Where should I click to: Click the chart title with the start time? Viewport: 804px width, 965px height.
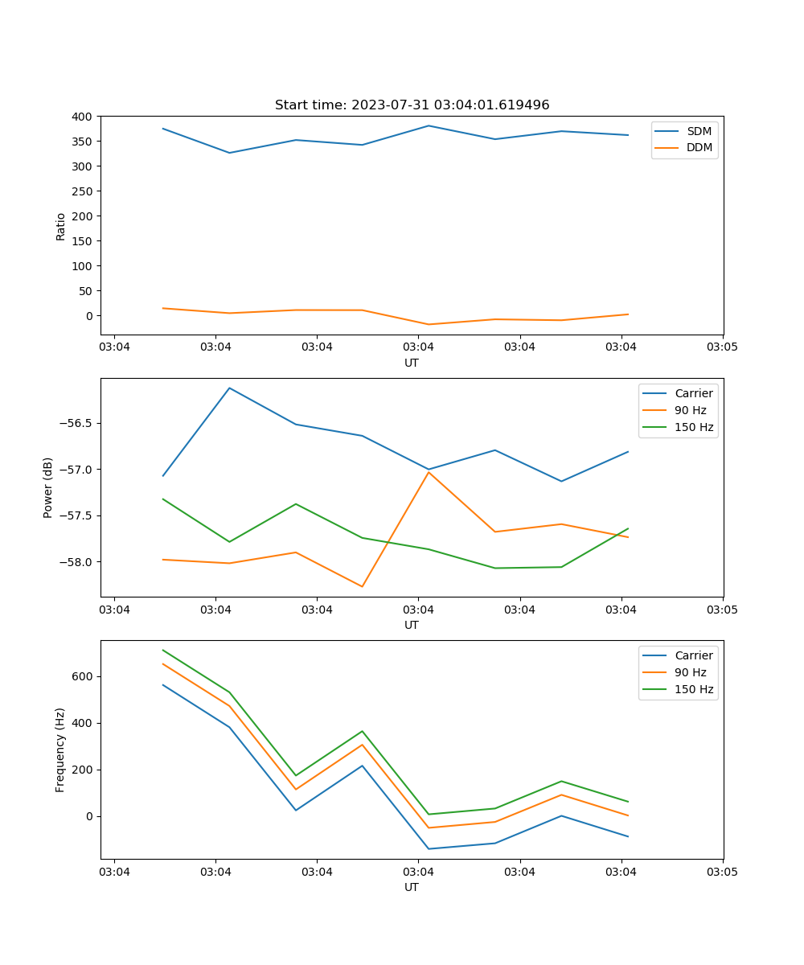(x=412, y=105)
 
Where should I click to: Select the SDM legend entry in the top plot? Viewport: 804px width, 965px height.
(x=699, y=131)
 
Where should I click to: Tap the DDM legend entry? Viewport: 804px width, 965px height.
(x=699, y=148)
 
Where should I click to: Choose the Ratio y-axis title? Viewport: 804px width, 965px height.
(x=61, y=226)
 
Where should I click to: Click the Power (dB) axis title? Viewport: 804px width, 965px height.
(x=48, y=487)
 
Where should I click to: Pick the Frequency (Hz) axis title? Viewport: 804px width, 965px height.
(x=60, y=749)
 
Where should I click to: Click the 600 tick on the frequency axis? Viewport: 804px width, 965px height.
(x=83, y=676)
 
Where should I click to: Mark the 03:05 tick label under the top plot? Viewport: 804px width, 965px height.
(x=722, y=347)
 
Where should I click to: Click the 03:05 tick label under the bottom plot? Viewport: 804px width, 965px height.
(x=722, y=872)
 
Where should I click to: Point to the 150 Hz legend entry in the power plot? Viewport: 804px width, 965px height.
(x=694, y=428)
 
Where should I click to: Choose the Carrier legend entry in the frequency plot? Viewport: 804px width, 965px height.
(x=693, y=655)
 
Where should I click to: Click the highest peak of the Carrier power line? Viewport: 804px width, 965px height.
(x=229, y=388)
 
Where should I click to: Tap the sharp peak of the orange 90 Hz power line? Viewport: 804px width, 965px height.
(x=429, y=472)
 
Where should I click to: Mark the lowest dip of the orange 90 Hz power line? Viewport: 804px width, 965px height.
(x=362, y=586)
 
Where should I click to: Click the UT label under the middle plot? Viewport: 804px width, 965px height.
(x=412, y=625)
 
